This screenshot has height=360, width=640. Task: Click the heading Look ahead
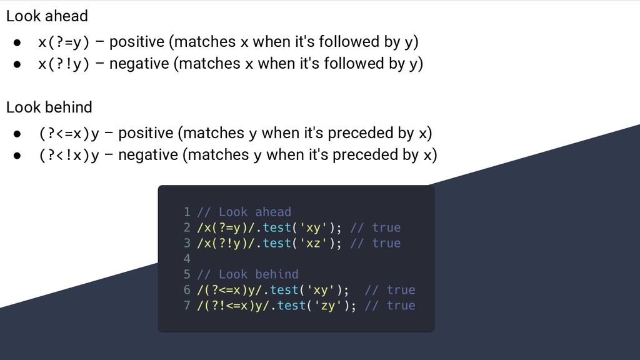point(47,16)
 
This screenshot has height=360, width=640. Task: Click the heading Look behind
point(49,107)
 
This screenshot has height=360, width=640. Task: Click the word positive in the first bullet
point(137,42)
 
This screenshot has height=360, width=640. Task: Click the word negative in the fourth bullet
point(148,155)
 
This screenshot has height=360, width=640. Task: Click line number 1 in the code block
point(187,212)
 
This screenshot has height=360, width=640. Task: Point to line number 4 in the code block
point(187,258)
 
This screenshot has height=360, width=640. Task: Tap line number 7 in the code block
point(187,305)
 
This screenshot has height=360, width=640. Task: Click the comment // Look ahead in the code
point(244,212)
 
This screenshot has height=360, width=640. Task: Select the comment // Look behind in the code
point(247,274)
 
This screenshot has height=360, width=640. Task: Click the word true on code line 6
point(401,289)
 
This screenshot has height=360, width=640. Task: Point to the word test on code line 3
point(277,242)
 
